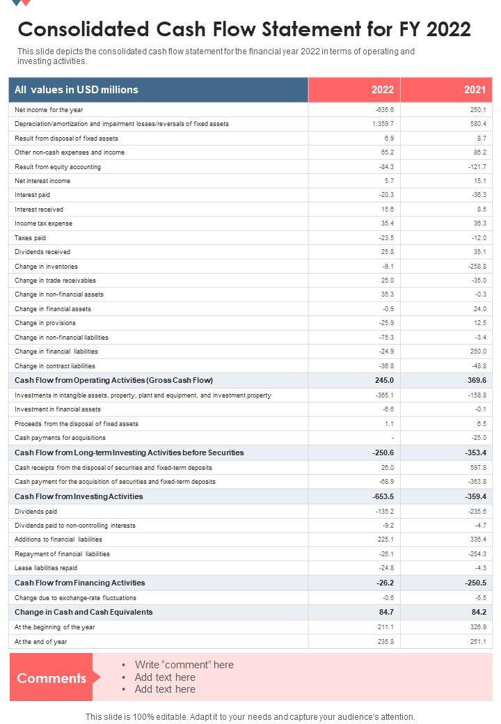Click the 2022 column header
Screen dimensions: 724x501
(x=382, y=90)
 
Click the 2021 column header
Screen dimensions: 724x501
(x=475, y=90)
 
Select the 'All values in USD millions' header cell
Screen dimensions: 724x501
(x=77, y=90)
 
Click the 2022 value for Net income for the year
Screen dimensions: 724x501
(x=383, y=110)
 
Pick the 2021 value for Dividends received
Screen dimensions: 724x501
(x=478, y=252)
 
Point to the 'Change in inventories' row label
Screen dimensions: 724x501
(x=46, y=267)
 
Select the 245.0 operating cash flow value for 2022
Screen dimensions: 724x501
(x=383, y=380)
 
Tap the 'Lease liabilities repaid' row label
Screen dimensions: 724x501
(x=46, y=568)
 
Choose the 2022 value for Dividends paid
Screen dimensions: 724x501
(x=384, y=511)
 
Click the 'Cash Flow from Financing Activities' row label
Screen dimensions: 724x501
(x=80, y=583)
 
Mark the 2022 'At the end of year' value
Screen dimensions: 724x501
(x=385, y=642)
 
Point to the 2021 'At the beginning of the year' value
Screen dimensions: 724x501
(x=478, y=627)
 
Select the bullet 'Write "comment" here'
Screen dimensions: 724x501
(x=184, y=665)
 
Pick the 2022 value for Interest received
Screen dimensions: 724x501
(x=387, y=210)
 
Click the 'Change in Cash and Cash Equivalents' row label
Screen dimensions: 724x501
(x=83, y=612)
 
